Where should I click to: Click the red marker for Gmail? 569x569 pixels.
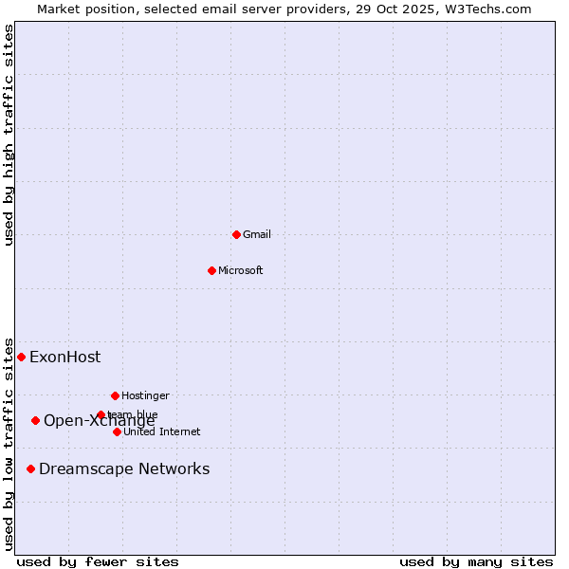tap(236, 234)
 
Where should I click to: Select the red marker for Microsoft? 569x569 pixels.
tap(211, 270)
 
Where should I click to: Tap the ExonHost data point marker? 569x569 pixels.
tap(21, 357)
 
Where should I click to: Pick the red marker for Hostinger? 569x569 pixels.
tap(115, 395)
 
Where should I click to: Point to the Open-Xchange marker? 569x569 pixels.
tap(35, 420)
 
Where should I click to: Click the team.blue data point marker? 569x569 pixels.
tap(101, 414)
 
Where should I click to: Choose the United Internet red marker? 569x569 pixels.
tap(117, 431)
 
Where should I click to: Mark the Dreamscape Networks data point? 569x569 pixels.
tap(30, 468)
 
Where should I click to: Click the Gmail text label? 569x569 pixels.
tap(257, 234)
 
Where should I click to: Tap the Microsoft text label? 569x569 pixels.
tap(241, 270)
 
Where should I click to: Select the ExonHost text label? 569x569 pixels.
tap(64, 357)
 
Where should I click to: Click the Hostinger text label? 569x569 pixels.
tap(145, 395)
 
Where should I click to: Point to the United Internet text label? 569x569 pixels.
tap(161, 431)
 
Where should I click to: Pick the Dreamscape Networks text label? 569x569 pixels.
tap(124, 468)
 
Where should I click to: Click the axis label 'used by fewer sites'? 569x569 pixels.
tap(98, 561)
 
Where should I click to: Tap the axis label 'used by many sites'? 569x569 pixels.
tap(476, 561)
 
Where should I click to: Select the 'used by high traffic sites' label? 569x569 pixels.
tap(9, 135)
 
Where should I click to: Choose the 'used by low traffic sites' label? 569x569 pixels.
tap(9, 444)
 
